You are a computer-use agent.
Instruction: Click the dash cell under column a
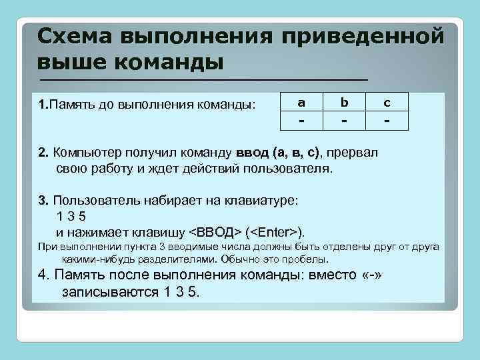click(x=301, y=121)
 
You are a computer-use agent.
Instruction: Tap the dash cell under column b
click(x=344, y=121)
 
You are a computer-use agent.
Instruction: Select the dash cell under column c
click(x=387, y=121)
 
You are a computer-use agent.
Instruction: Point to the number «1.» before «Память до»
click(x=43, y=104)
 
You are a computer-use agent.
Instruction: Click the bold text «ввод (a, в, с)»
click(x=281, y=153)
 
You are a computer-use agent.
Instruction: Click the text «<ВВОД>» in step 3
click(x=214, y=232)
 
